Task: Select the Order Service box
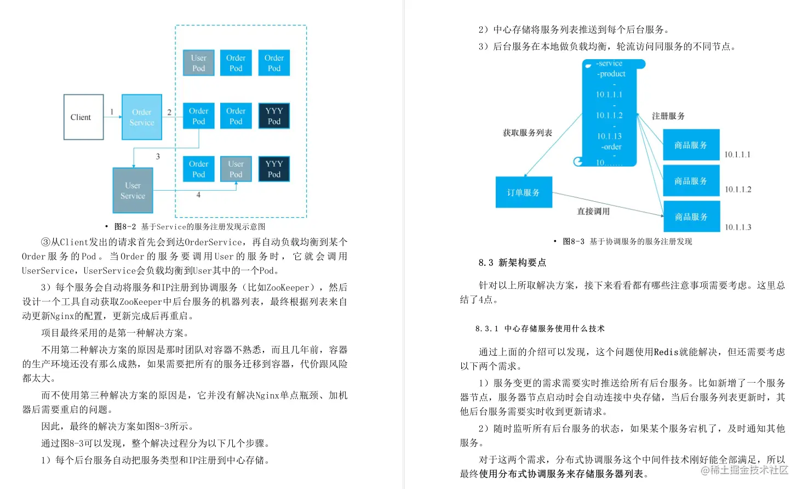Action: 141,117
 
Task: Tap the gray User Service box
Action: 133,190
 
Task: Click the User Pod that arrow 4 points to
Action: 236,169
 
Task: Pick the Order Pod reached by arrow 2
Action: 198,116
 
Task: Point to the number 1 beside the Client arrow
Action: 112,112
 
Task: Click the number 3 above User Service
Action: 158,156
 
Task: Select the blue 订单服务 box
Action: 523,192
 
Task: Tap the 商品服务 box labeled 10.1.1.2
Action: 690,181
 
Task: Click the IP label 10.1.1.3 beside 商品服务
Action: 738,227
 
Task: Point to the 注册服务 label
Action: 668,116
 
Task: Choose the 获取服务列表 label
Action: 527,133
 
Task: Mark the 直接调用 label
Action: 593,211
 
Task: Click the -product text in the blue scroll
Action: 611,74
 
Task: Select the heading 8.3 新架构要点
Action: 512,263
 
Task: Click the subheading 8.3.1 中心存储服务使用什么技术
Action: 540,328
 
